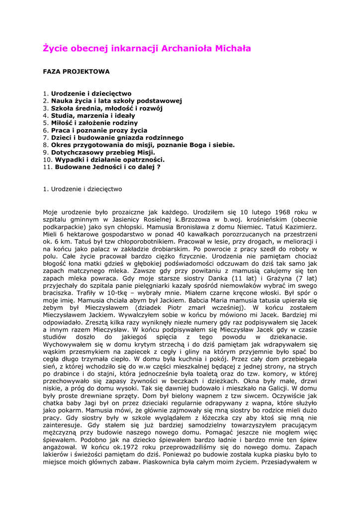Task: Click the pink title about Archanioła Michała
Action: pyautogui.click(x=147, y=49)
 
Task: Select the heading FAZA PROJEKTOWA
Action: pyautogui.click(x=76, y=72)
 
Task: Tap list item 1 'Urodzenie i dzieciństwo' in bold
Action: pyautogui.click(x=91, y=93)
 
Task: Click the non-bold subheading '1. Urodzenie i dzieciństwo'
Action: pyautogui.click(x=82, y=189)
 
